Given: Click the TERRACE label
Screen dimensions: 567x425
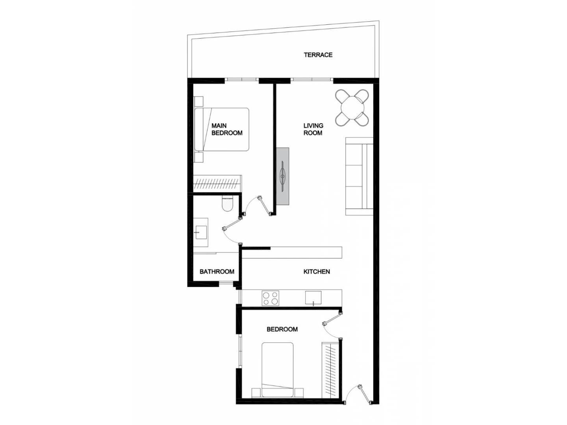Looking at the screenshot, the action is [318, 55].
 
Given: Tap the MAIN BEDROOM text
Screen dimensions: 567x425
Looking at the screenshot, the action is [227, 129].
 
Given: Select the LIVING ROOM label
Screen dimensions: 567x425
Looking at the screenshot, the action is [313, 129].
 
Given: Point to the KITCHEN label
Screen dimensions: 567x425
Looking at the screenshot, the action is [317, 272].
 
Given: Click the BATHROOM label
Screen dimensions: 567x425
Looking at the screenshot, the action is [217, 272].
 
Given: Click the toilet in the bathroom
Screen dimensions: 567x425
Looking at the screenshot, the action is [228, 203].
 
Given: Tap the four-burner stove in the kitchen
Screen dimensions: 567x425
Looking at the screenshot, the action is [270, 298].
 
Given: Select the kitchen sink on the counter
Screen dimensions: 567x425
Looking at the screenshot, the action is [313, 298].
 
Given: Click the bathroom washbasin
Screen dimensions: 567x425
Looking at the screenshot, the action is [200, 232].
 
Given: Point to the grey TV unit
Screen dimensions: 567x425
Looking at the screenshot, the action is [283, 176].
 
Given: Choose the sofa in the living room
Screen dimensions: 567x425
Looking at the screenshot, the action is [359, 176].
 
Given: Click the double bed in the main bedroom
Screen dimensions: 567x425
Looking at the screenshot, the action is [221, 129].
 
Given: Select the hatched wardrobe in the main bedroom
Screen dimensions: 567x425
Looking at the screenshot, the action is [217, 184].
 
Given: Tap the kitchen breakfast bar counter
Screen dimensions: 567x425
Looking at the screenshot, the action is [292, 252].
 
